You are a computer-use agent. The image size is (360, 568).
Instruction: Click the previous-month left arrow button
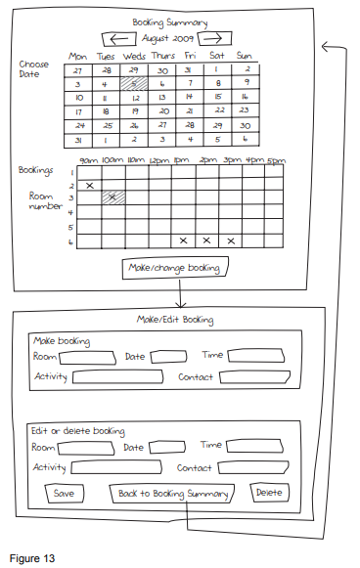[x=119, y=39]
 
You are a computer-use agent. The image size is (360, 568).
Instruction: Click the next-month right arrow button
[x=214, y=38]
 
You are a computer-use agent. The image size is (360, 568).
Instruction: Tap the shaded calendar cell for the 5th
[x=134, y=83]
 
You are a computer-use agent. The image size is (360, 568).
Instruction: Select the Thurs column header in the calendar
[x=163, y=56]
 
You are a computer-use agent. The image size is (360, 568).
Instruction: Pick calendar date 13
[x=162, y=98]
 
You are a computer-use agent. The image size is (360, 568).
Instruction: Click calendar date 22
[x=220, y=110]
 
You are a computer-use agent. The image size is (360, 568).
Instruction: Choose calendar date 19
[x=134, y=111]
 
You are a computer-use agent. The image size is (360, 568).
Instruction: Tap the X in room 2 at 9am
[x=90, y=186]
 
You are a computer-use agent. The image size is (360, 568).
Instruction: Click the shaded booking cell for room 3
[x=113, y=197]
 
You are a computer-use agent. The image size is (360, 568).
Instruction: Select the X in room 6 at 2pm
[x=206, y=240]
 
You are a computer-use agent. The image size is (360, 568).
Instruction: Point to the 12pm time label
[x=158, y=161]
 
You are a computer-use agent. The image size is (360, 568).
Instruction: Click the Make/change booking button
[x=175, y=268]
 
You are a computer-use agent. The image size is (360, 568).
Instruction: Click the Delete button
[x=269, y=493]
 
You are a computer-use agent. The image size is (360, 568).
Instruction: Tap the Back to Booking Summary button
[x=172, y=494]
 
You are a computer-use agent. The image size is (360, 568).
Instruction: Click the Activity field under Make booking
[x=117, y=376]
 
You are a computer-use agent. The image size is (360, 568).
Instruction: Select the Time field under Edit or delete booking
[x=254, y=446]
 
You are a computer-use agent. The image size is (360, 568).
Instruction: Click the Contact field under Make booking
[x=255, y=376]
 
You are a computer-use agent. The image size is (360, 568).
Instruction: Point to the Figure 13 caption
[x=32, y=558]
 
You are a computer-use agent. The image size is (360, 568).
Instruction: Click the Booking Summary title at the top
[x=169, y=22]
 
